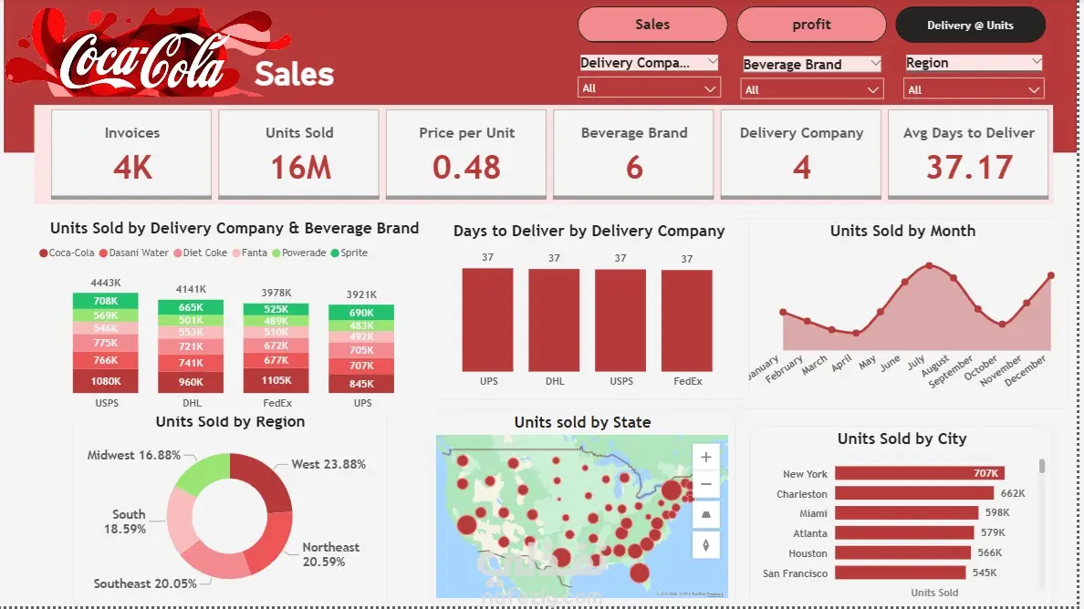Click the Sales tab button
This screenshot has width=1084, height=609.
652,25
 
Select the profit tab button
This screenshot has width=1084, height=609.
811,25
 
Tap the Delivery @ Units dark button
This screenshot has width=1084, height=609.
970,25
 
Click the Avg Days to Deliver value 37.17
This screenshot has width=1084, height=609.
969,168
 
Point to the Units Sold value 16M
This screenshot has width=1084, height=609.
299,168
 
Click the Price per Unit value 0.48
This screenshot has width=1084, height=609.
466,168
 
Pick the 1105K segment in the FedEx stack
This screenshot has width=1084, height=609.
276,381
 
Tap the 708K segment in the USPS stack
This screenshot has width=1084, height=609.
106,301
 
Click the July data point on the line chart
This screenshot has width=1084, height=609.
929,265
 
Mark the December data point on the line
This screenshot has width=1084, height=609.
1051,275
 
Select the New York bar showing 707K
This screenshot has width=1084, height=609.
920,473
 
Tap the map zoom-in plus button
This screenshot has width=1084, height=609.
705,456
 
